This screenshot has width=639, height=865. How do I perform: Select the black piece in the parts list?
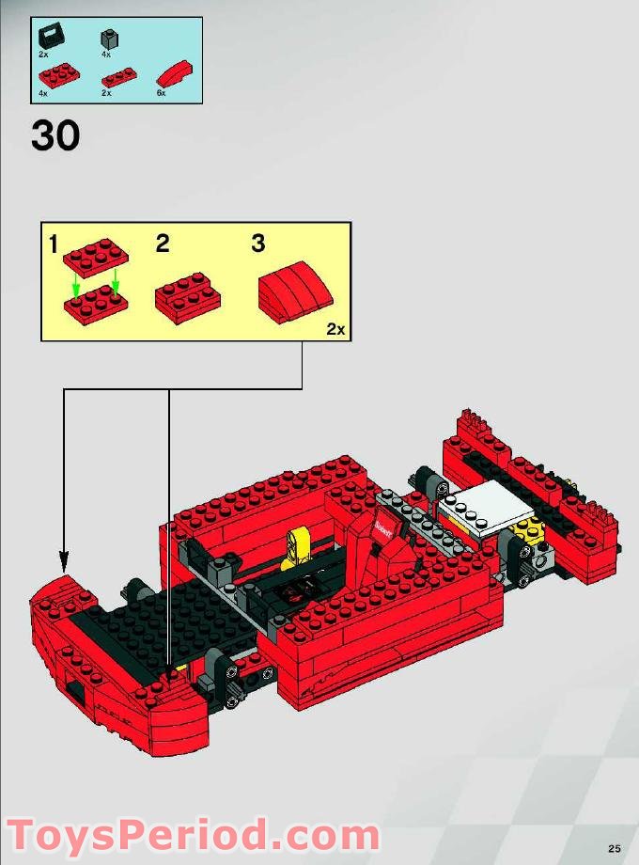point(49,39)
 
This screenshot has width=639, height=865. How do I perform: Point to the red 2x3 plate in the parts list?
point(59,75)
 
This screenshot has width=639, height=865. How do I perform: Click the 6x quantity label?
point(161,94)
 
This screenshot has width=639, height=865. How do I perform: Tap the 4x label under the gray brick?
point(106,55)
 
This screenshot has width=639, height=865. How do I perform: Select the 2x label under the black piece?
point(43,55)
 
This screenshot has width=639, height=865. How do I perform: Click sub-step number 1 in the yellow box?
point(54,245)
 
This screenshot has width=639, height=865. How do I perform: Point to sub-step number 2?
point(163,244)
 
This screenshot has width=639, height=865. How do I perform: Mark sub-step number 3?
point(257,244)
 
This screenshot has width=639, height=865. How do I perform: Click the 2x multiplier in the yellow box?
point(335,329)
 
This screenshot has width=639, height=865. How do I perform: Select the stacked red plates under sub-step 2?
point(188,296)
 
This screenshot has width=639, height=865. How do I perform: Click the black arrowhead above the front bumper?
point(63,565)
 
